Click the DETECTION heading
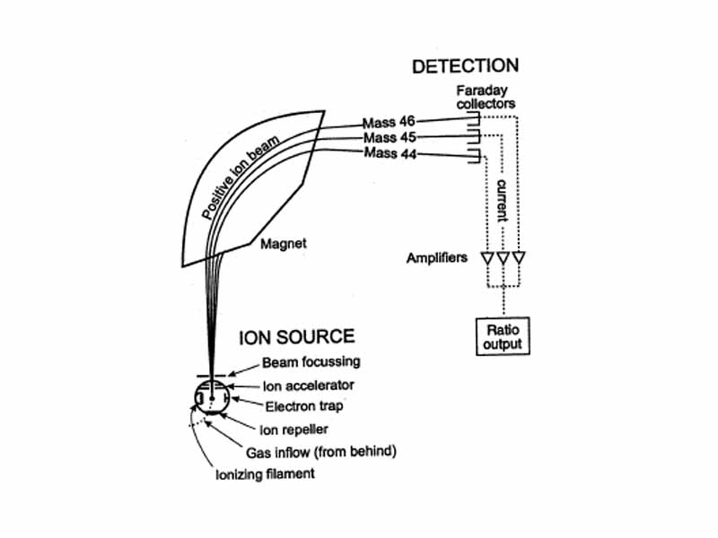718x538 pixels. click(x=464, y=66)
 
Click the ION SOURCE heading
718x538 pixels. click(x=296, y=337)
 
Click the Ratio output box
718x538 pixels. click(x=503, y=337)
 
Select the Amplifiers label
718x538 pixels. click(x=436, y=258)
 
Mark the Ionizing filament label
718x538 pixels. click(x=266, y=473)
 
